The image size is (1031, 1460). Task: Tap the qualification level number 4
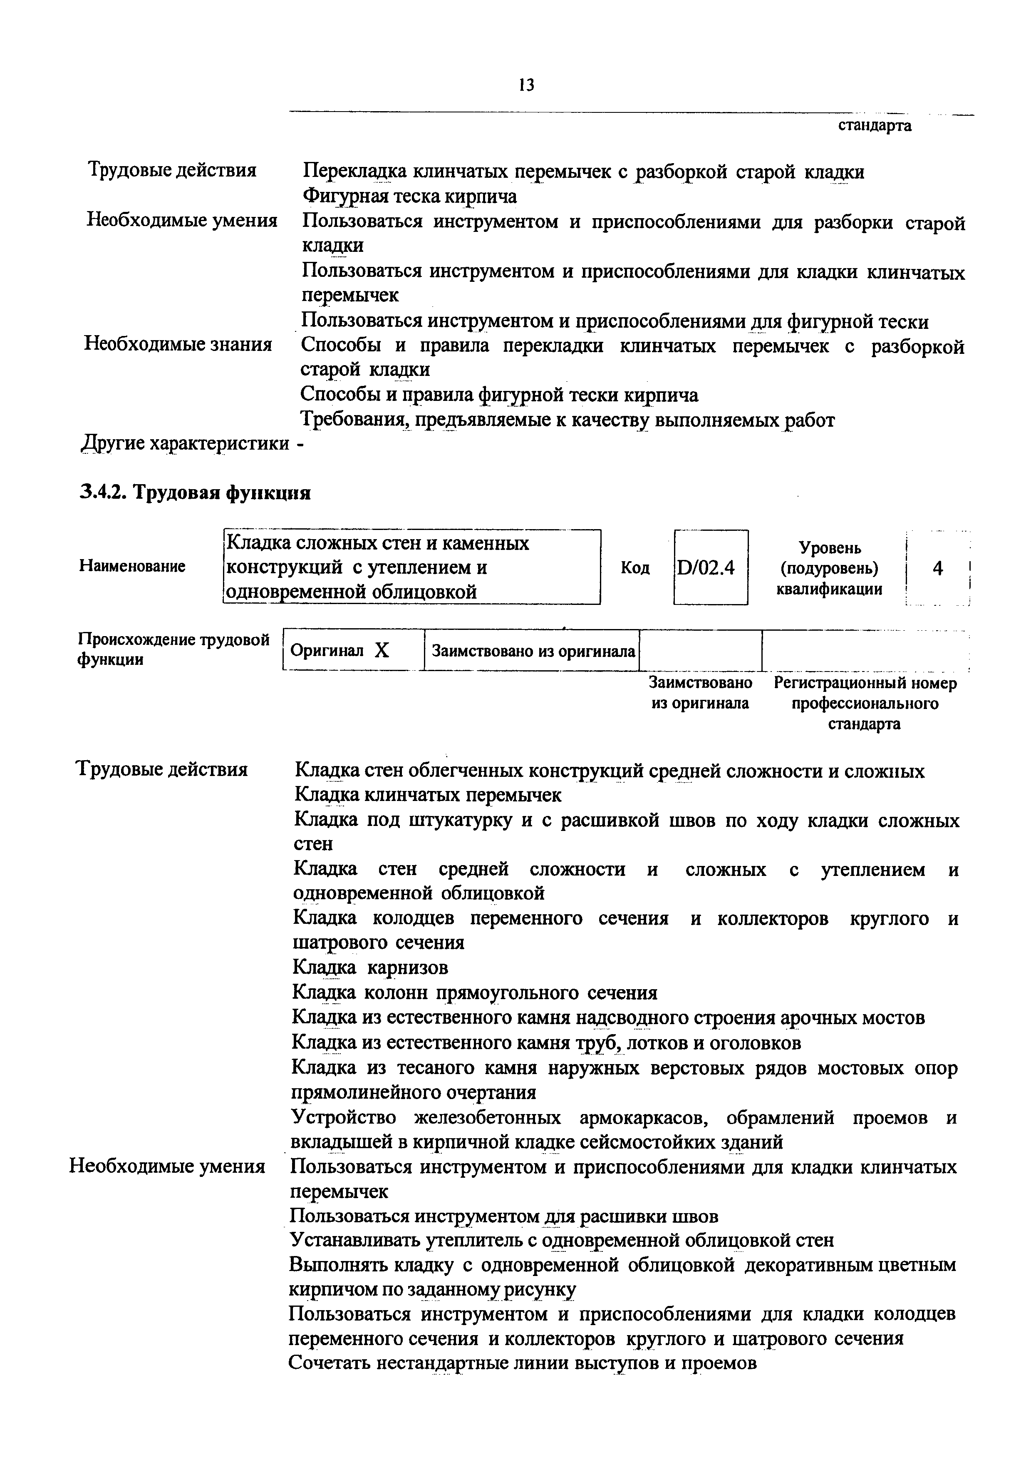tap(937, 568)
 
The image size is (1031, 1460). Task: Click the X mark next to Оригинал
tap(382, 650)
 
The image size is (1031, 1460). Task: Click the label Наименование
tap(132, 566)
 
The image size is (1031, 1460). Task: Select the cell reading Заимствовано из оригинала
tap(533, 651)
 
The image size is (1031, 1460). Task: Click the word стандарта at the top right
tap(875, 125)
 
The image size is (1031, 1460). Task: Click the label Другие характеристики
tap(186, 443)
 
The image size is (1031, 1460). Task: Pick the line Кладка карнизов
tap(371, 967)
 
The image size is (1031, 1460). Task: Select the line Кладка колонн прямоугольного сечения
tap(475, 992)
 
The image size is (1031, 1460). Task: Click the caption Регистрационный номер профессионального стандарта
tap(865, 703)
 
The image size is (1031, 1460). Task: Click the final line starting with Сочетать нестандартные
tap(523, 1362)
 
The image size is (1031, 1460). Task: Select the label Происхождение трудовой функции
tap(173, 649)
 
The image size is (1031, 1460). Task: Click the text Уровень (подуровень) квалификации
tap(830, 568)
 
